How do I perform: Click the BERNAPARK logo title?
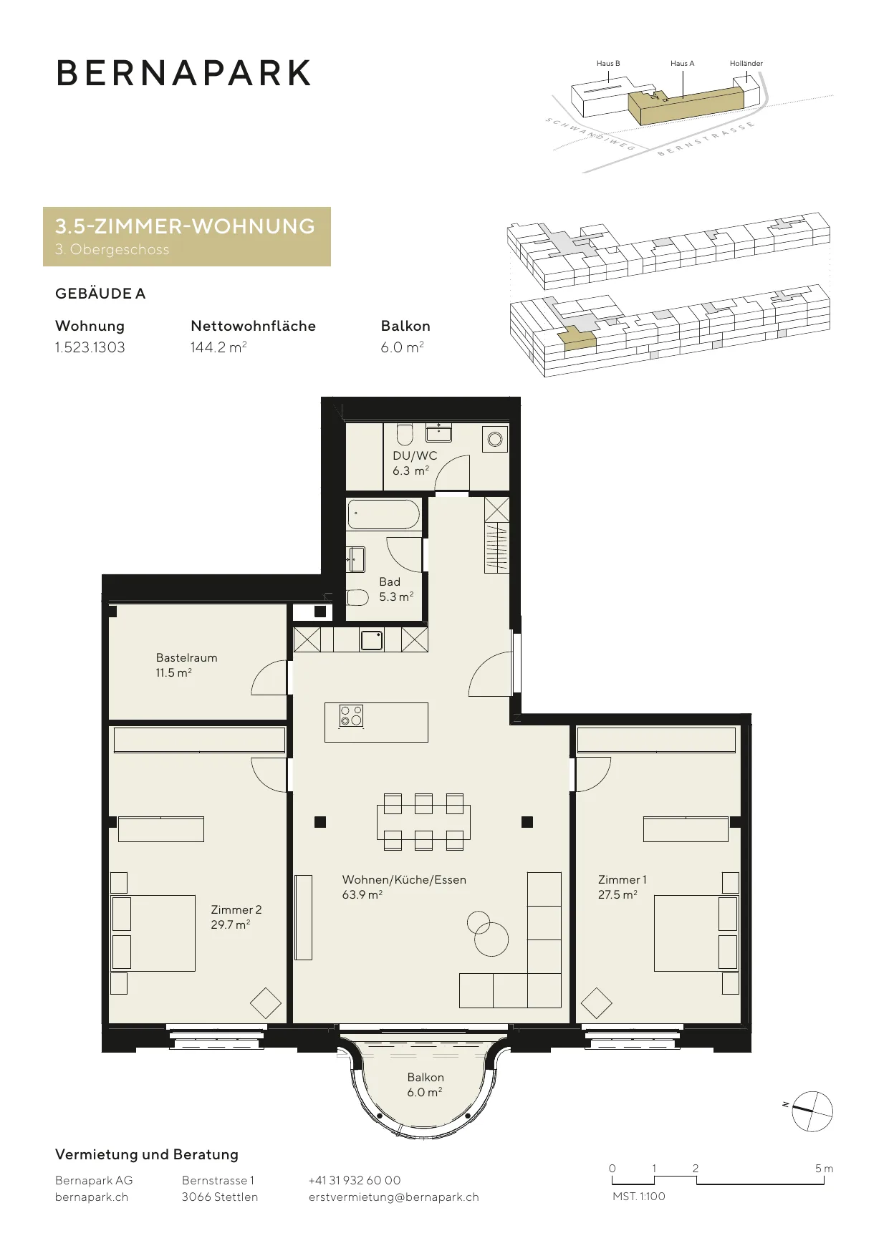(183, 73)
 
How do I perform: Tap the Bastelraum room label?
(186, 657)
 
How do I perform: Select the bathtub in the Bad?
(384, 515)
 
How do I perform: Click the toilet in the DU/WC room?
(405, 434)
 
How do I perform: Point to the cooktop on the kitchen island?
(351, 715)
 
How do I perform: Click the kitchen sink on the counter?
(372, 639)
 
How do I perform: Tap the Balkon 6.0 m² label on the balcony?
(426, 1084)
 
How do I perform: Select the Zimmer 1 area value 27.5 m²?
(618, 894)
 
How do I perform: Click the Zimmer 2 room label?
(236, 909)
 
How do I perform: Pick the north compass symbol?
(812, 1111)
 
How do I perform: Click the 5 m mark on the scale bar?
(824, 1168)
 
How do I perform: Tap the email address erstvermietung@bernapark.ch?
(394, 1197)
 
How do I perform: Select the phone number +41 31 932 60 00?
(355, 1180)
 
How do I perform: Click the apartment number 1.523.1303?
(90, 347)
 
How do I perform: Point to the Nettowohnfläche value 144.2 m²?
(218, 347)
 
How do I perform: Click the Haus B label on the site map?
(608, 63)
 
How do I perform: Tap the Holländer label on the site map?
(746, 63)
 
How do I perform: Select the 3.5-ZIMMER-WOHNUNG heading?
(186, 226)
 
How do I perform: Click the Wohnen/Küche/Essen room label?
(404, 879)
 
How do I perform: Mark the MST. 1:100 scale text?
(639, 1196)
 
